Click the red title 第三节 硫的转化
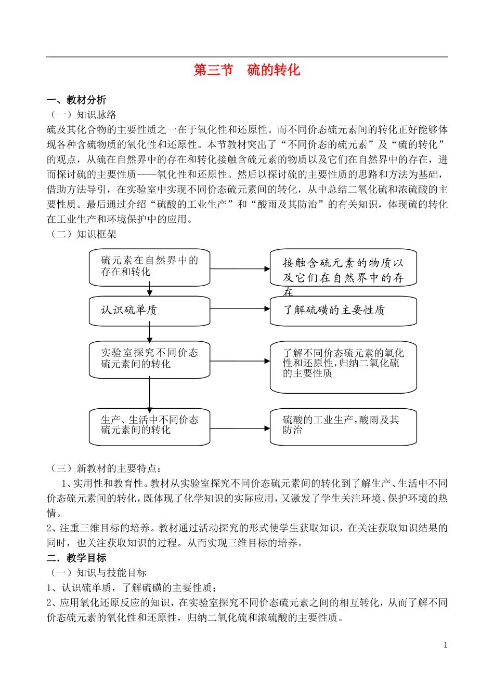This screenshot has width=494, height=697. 247,70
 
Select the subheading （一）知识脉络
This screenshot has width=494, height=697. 83,115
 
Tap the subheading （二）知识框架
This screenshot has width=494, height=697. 83,234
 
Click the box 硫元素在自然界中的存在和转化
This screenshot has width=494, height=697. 149,267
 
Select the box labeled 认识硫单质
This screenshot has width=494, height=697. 149,311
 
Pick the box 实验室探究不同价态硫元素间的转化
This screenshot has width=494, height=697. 149,359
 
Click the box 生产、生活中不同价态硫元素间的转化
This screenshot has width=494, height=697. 149,426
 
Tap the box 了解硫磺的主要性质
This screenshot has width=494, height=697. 343,311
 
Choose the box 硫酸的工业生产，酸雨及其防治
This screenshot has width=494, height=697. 343,426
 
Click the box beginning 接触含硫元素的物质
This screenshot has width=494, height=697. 343,269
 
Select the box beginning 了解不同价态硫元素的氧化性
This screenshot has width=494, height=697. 343,366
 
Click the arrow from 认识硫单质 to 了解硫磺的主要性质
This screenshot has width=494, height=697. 240,309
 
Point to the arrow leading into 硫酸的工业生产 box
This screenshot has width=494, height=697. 240,428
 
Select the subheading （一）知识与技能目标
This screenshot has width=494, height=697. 97,573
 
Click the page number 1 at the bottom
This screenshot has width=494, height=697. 446,645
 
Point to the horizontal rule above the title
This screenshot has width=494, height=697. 247,57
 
